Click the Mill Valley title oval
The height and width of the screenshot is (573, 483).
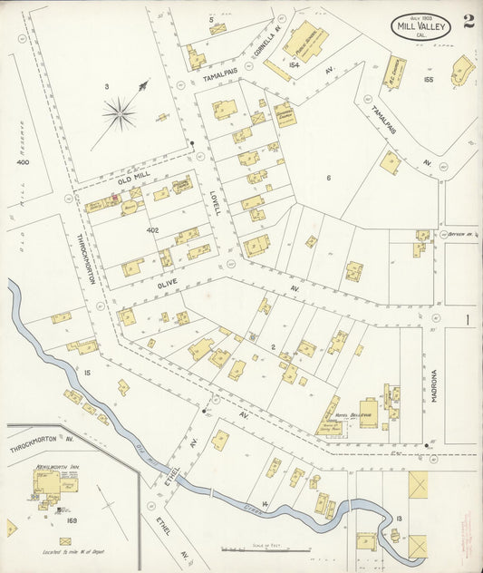pyautogui.click(x=420, y=26)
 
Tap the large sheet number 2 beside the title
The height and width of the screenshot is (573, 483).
pyautogui.click(x=468, y=22)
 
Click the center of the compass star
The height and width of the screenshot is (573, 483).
pyautogui.click(x=119, y=113)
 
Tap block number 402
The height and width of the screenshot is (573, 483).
pyautogui.click(x=152, y=230)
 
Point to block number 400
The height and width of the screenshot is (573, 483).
pyautogui.click(x=22, y=161)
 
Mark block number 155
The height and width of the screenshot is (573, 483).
pyautogui.click(x=428, y=80)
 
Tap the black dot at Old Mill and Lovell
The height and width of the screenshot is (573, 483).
pyautogui.click(x=193, y=143)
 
